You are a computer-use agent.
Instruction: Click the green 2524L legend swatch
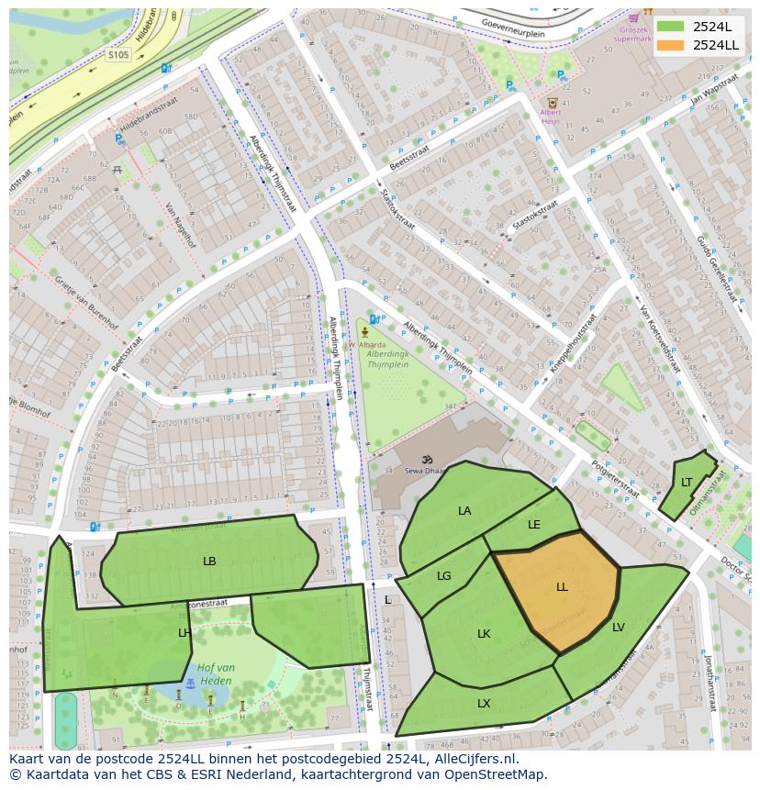[x=670, y=27]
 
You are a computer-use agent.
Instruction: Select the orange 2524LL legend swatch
[x=670, y=45]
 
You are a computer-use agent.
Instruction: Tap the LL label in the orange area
[x=562, y=586]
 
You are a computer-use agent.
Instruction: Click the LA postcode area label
[x=464, y=510]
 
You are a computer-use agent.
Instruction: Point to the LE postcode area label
[x=534, y=525]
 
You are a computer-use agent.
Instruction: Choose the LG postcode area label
[x=444, y=576]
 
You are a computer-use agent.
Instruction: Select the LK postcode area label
[x=484, y=633]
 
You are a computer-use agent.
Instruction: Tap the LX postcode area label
[x=484, y=704]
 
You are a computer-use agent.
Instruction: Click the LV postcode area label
[x=618, y=628]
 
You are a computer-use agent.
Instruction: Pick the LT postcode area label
[x=687, y=482]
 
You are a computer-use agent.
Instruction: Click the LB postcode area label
[x=209, y=561]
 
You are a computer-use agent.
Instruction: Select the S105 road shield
[x=118, y=55]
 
